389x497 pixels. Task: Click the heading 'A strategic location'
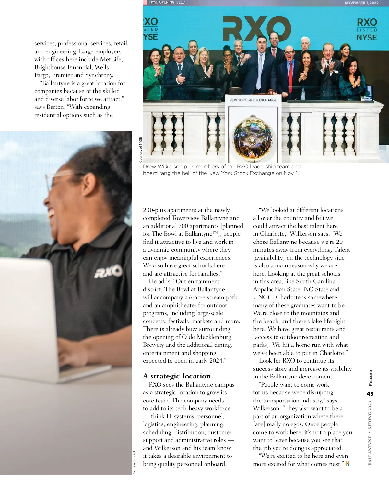tap(177, 376)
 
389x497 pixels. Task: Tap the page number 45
tap(370, 394)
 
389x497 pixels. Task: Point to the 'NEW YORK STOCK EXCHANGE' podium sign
tap(253, 100)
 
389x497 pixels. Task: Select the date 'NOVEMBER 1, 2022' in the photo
tap(361, 3)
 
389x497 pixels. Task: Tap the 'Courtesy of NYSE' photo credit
tap(141, 150)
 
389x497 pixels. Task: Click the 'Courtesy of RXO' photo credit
tap(134, 463)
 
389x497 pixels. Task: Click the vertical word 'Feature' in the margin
tap(371, 378)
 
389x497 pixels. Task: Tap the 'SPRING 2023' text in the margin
tap(370, 415)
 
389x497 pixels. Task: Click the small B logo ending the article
tap(348, 464)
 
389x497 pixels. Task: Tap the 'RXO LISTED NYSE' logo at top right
tap(367, 29)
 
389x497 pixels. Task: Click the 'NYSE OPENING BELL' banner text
tap(167, 2)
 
